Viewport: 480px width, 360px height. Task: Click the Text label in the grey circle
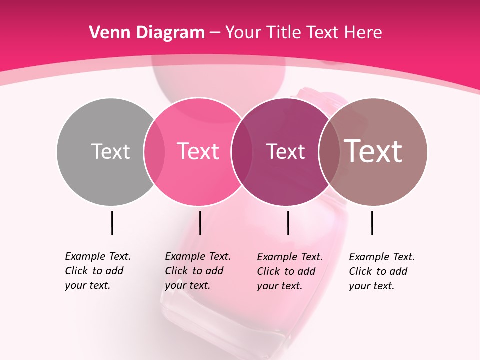110,151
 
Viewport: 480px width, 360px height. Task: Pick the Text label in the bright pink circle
198,151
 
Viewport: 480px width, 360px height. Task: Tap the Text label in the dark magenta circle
285,151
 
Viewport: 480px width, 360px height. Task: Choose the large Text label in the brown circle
373,151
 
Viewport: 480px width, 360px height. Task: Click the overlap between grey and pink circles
154,152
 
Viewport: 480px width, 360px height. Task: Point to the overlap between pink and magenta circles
242,152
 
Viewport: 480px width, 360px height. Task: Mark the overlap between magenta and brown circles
329,152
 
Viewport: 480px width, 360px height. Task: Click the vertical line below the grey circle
112,223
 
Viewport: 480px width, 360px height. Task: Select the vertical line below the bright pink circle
200,223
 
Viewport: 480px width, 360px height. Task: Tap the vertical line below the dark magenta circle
288,223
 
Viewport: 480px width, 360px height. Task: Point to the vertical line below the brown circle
372,223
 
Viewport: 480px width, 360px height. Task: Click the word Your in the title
244,33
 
